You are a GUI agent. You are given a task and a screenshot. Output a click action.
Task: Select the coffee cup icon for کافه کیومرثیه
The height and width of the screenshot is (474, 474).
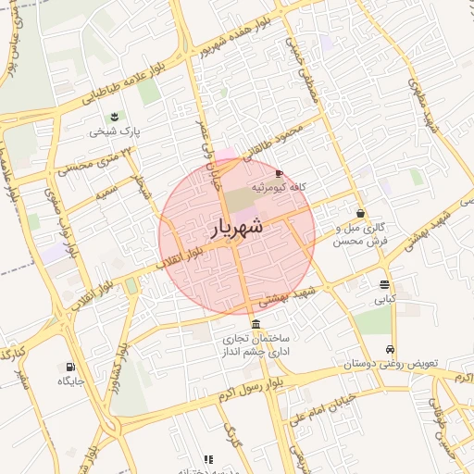280,173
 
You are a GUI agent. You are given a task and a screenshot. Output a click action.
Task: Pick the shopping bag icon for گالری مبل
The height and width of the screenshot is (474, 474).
359,214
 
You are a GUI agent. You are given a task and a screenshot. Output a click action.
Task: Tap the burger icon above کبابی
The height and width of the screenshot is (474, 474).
384,284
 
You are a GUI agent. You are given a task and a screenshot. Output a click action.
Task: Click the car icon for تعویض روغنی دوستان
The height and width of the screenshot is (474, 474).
392,350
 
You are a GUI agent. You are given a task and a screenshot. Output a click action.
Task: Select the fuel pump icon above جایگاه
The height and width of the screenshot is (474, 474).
70,366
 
